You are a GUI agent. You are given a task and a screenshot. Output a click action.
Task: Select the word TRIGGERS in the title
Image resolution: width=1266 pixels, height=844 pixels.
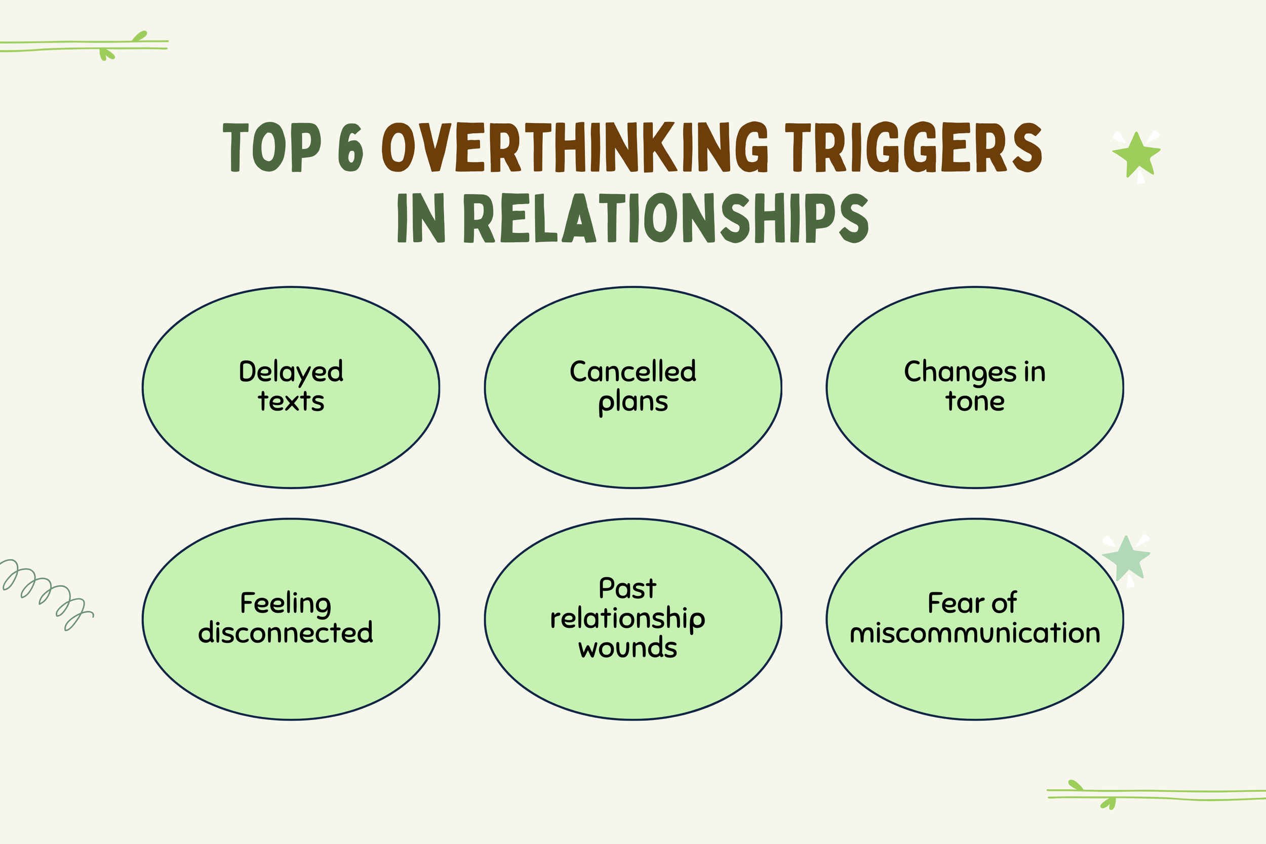click(x=914, y=147)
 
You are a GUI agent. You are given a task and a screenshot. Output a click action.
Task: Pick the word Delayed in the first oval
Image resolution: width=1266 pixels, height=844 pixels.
click(x=291, y=372)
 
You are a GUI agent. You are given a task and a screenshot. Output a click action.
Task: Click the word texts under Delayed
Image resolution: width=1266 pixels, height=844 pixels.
click(x=291, y=401)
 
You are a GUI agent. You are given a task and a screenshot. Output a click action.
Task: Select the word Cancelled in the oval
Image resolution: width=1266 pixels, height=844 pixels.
click(x=633, y=372)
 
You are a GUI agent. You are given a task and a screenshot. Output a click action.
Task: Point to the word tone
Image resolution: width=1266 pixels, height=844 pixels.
click(x=975, y=401)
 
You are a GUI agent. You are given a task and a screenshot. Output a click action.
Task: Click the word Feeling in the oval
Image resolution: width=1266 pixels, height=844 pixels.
click(x=286, y=604)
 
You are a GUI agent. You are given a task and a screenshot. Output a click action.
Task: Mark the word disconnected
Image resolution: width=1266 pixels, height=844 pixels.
click(x=286, y=633)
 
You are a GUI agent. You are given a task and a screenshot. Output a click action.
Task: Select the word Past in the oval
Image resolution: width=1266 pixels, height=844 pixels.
click(x=627, y=588)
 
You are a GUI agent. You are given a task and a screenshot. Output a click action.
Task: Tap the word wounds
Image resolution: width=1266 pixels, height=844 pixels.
click(x=627, y=648)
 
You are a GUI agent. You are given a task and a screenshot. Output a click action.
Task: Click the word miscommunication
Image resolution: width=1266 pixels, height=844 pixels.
click(x=975, y=633)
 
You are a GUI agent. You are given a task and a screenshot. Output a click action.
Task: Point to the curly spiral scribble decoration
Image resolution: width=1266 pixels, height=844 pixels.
click(x=46, y=592)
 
